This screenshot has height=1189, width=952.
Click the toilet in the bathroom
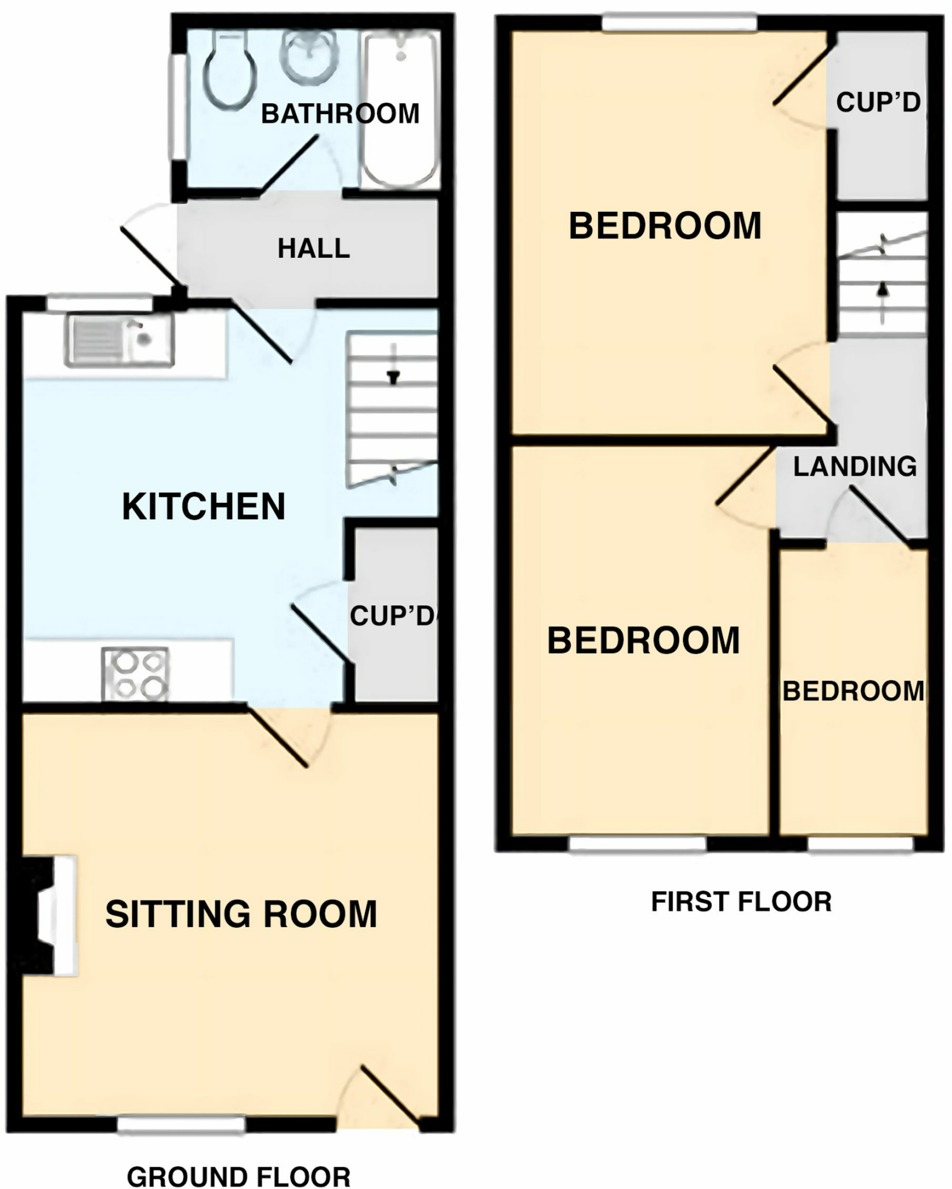(x=230, y=70)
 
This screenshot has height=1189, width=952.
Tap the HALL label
(x=313, y=248)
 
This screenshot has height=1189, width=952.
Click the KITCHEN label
(x=204, y=507)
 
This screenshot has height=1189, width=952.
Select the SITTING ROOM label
(x=241, y=914)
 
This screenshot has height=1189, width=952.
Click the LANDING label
(x=855, y=467)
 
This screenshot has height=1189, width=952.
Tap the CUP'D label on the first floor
(x=878, y=103)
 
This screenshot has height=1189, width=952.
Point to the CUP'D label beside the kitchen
(x=392, y=616)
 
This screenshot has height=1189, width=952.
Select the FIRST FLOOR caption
(x=741, y=902)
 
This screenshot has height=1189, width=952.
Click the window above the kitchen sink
(x=100, y=302)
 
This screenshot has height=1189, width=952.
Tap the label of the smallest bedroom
(x=853, y=691)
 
